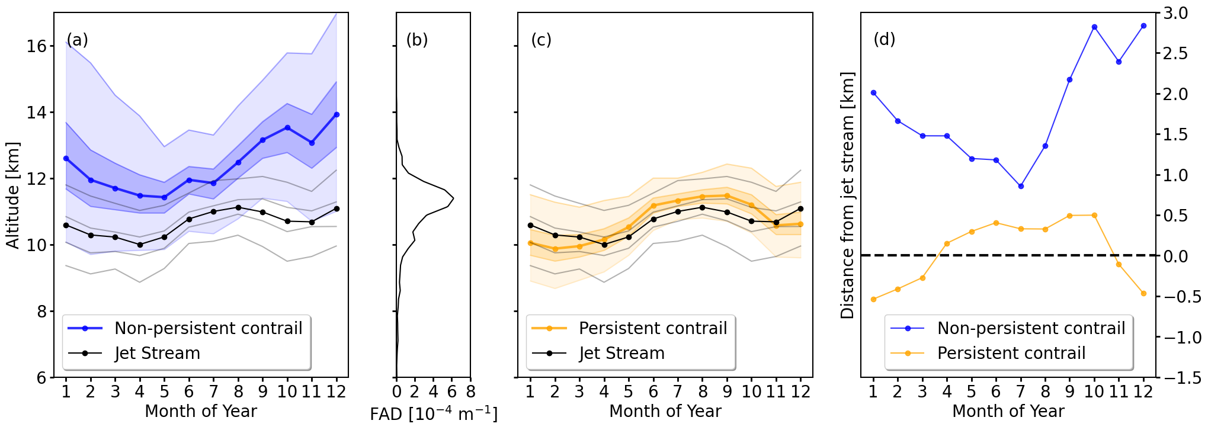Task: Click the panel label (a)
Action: [x=77, y=40]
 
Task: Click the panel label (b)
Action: [x=416, y=40]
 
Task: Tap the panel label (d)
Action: [x=884, y=40]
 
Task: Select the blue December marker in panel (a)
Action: [x=337, y=114]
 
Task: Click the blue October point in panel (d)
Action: [x=1094, y=27]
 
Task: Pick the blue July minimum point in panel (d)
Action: [x=1021, y=186]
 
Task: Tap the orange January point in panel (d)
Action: [x=873, y=299]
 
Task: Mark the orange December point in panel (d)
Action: [x=1143, y=293]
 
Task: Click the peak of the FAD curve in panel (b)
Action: [x=453, y=198]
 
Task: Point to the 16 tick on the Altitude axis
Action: [x=37, y=46]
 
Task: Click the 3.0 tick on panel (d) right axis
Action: [x=1175, y=13]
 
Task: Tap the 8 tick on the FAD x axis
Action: [x=470, y=392]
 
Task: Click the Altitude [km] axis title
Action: [x=13, y=195]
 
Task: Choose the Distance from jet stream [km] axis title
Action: [x=847, y=195]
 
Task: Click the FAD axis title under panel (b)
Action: [x=433, y=414]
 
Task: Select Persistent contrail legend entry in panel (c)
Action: [x=652, y=328]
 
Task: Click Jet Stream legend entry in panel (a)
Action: [x=157, y=353]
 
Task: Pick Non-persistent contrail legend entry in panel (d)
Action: [x=1031, y=328]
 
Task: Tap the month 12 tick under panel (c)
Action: [x=800, y=392]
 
